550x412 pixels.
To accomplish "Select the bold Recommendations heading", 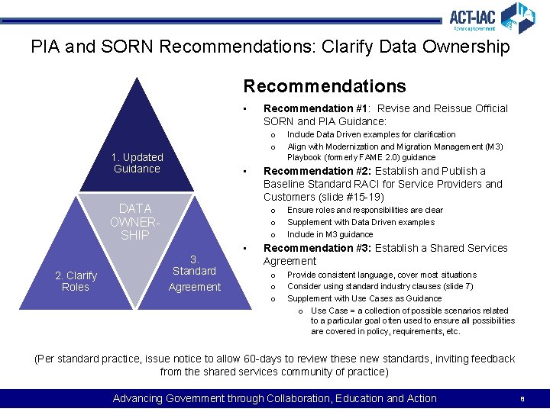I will point(325,86).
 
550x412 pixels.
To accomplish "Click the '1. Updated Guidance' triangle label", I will point(137,163).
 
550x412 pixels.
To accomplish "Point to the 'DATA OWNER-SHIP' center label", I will point(135,221).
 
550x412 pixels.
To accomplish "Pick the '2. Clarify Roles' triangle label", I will point(76,281).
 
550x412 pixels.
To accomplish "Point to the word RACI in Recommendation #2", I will point(349,184).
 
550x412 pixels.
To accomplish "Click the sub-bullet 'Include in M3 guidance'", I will point(330,234).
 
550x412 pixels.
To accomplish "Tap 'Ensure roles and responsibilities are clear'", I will point(365,210).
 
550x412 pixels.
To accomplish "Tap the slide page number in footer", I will point(522,398).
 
